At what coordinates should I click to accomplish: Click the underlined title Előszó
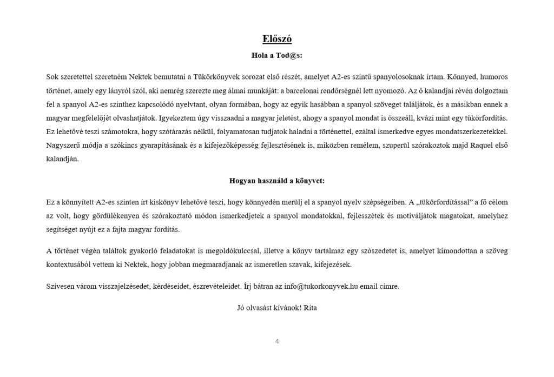click(x=276, y=39)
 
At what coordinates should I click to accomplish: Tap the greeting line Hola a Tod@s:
click(x=276, y=55)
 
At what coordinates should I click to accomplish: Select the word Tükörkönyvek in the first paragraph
click(x=215, y=77)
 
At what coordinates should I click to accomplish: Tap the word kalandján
click(x=62, y=159)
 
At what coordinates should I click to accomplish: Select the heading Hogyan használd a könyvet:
click(x=276, y=181)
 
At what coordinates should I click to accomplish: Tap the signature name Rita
click(x=309, y=308)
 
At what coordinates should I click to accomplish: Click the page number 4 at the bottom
click(x=277, y=341)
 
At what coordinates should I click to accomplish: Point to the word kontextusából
click(x=72, y=264)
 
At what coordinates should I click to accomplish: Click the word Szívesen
click(x=60, y=286)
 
